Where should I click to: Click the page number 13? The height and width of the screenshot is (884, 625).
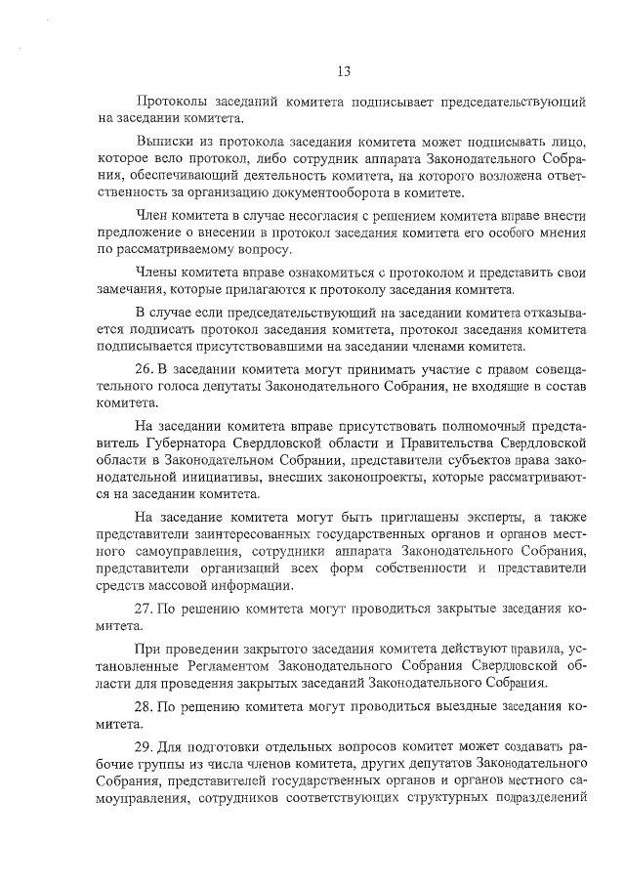pyautogui.click(x=344, y=70)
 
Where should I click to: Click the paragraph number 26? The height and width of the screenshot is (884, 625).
pyautogui.click(x=144, y=373)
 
